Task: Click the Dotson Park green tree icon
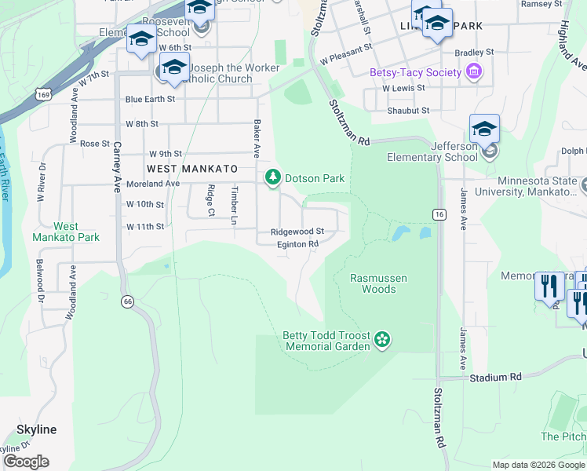click(272, 178)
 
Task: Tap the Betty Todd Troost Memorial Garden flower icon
click(382, 339)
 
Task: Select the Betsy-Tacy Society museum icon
click(473, 73)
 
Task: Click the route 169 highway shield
click(43, 94)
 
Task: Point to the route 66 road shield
click(126, 301)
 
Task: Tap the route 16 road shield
click(437, 214)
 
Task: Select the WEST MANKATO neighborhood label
click(191, 169)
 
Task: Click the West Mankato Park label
click(66, 232)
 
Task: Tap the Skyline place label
click(37, 429)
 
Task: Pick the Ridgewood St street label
click(297, 232)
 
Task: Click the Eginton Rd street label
click(297, 244)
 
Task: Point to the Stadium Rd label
click(496, 378)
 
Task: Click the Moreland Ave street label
click(153, 184)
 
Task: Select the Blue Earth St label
click(150, 99)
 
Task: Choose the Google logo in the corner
click(26, 462)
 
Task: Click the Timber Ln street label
click(233, 206)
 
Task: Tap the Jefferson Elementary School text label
click(432, 152)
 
